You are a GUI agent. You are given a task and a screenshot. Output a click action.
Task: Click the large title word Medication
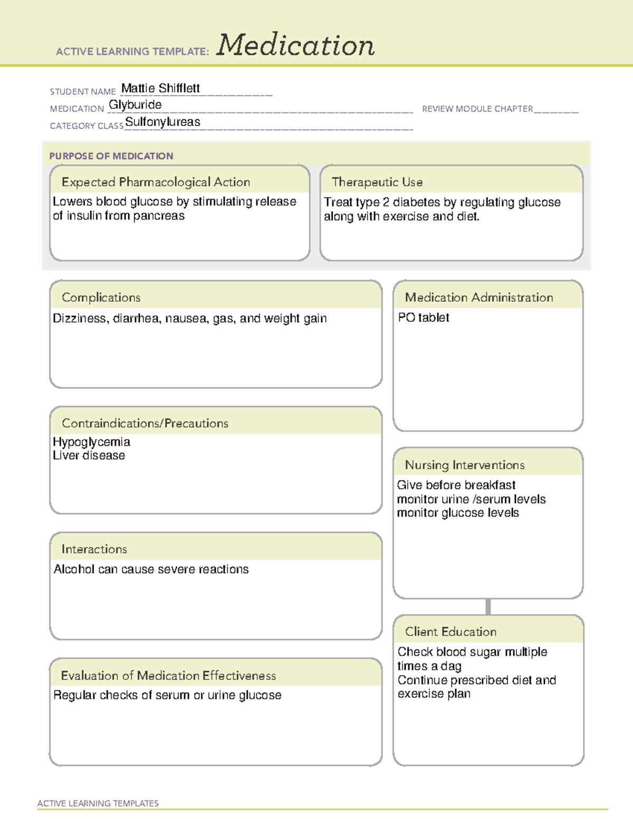pos(295,45)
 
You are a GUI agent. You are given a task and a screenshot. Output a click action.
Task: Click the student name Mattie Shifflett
pos(160,88)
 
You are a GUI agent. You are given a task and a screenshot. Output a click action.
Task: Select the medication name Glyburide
pos(135,105)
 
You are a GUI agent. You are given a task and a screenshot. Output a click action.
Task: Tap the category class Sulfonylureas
pos(162,122)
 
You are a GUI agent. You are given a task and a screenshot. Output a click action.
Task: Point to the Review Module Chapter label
pos(477,109)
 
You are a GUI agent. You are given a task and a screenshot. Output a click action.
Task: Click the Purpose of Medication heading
pos(111,156)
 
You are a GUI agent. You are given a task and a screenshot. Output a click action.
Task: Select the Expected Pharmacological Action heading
pos(156,182)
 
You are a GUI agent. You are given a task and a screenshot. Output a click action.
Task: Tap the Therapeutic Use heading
pos(377,182)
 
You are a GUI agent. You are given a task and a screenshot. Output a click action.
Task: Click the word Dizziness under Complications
pos(81,319)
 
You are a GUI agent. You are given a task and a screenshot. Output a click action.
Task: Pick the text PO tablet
pos(424,317)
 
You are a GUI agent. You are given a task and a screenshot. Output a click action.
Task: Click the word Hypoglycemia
pos(91,442)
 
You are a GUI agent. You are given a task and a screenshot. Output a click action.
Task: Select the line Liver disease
pos(89,456)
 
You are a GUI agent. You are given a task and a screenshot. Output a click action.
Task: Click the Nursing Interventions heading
pos(465,465)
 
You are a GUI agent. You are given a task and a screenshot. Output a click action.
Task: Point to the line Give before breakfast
pos(456,485)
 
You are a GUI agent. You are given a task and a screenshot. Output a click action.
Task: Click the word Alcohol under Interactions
pos(74,570)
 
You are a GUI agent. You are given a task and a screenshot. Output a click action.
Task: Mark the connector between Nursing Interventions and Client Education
pos(488,606)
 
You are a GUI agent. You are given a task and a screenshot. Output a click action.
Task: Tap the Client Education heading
pos(450,632)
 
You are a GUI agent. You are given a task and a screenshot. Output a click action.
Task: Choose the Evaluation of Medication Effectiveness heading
pos(168,676)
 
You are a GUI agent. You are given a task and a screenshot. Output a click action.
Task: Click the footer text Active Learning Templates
pos(98,803)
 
